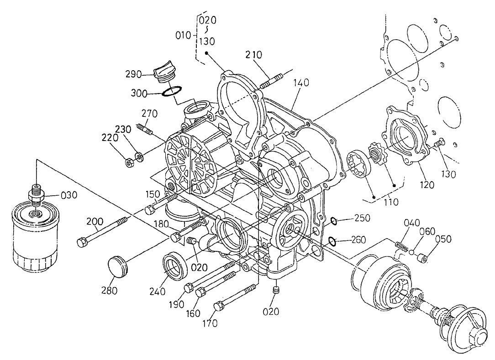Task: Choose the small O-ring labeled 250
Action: (x=333, y=222)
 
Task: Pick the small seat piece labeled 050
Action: (x=424, y=259)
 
